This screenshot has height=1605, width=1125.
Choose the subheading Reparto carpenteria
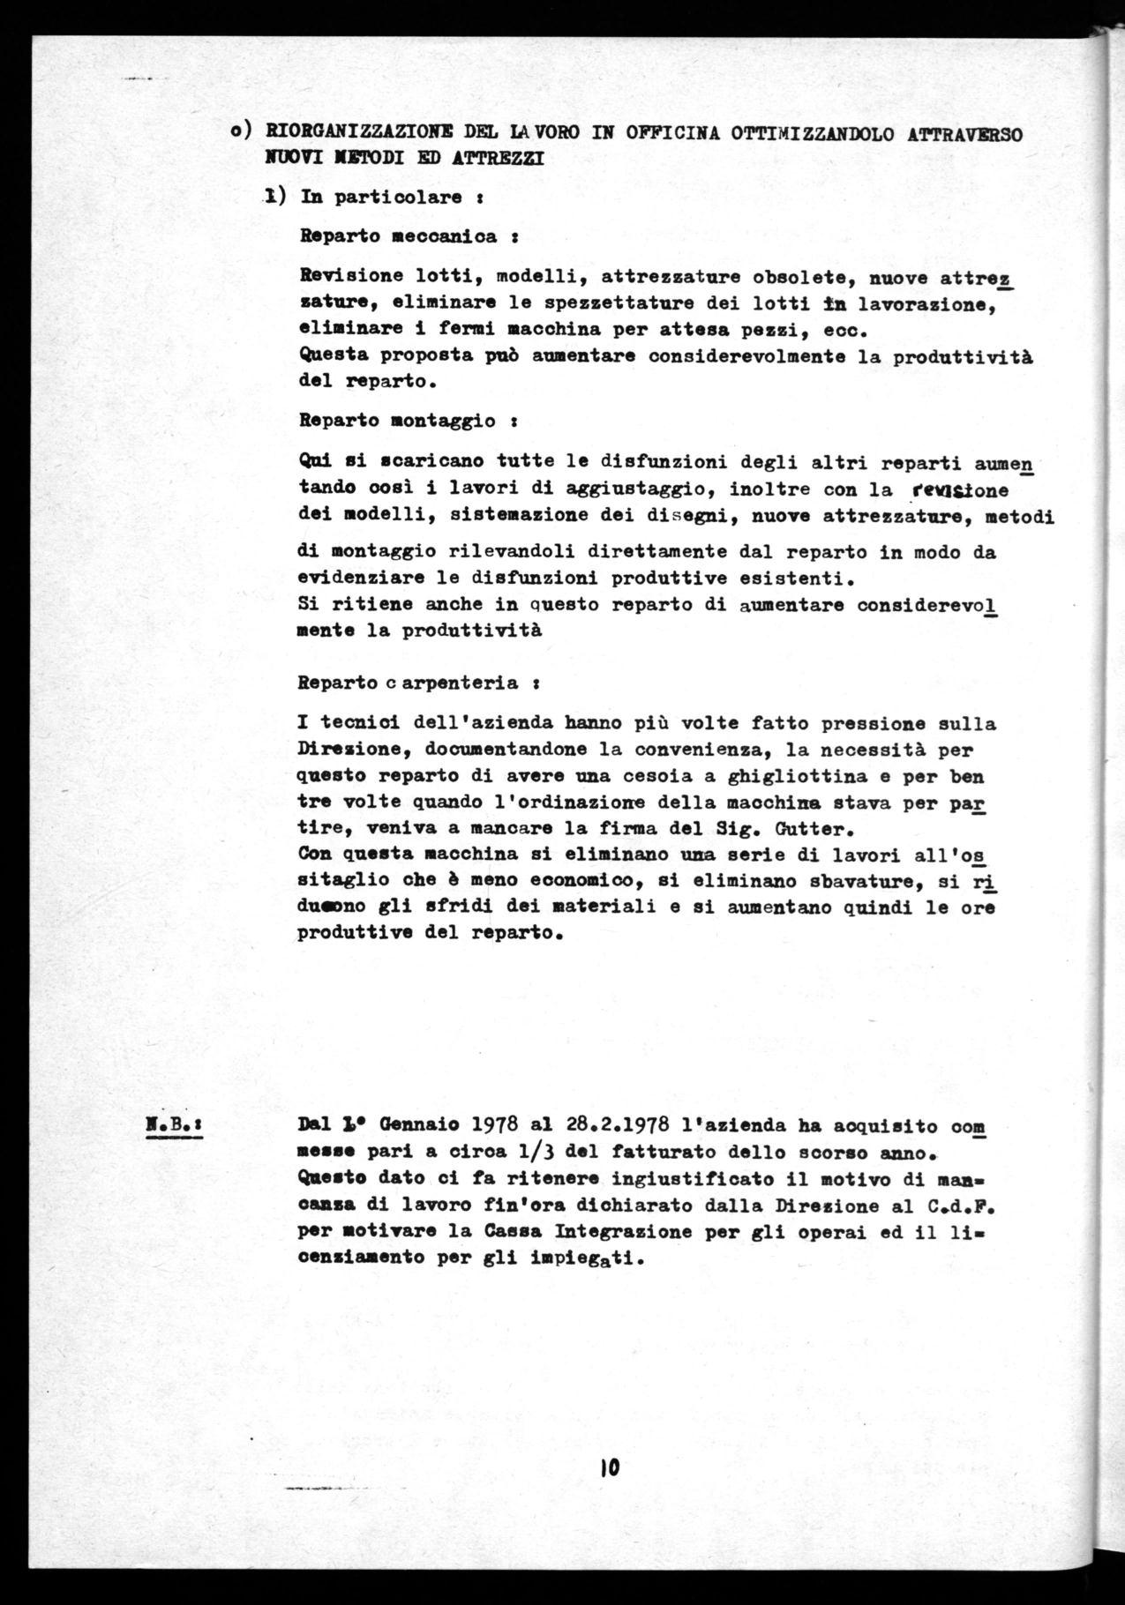click(418, 683)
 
